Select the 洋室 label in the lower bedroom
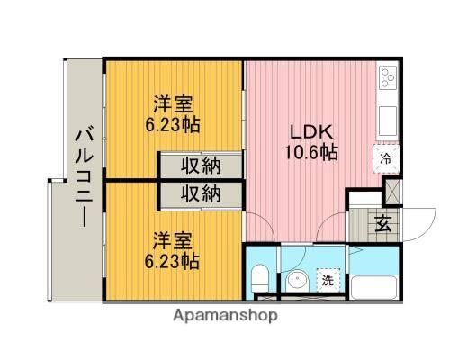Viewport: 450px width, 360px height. tap(173, 240)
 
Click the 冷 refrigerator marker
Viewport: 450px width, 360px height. tap(385, 159)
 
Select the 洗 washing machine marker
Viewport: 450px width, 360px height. tap(328, 280)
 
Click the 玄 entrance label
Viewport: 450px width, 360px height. tap(382, 224)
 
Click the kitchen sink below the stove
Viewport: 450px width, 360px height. tap(389, 118)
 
